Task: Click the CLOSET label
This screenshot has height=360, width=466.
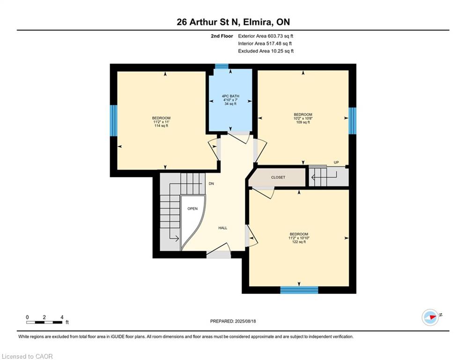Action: [278, 177]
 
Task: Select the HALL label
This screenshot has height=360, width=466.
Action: [222, 228]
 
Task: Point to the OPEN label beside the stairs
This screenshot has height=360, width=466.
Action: [192, 209]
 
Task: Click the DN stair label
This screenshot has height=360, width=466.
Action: [211, 184]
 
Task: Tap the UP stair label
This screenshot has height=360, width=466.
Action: [336, 163]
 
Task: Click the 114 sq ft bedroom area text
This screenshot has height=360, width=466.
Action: [161, 126]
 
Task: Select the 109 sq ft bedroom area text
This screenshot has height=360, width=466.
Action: [303, 123]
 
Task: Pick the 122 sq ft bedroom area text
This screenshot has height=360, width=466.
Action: [298, 242]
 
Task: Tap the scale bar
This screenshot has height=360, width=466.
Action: [44, 322]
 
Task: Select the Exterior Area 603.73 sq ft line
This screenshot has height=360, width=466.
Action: [266, 36]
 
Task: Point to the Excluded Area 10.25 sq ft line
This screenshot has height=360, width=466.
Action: [266, 51]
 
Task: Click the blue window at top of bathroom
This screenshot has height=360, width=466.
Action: [222, 67]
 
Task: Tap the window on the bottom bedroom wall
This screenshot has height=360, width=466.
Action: [299, 290]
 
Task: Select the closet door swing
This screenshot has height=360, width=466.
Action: [263, 193]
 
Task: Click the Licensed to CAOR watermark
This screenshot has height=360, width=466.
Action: [28, 356]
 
